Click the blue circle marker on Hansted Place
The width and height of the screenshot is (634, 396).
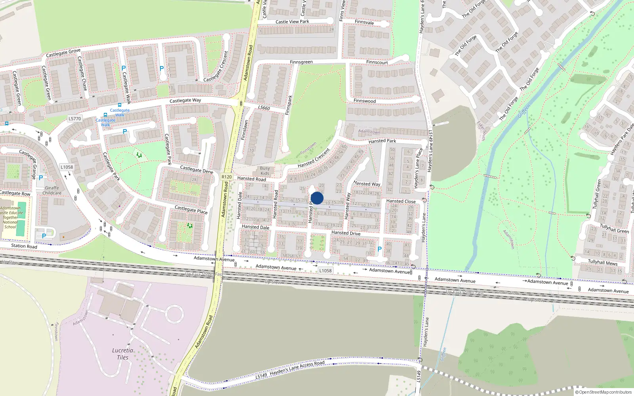pos(317,198)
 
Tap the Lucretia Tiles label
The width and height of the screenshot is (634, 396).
pos(122,354)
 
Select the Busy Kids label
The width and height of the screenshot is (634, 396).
pos(265,171)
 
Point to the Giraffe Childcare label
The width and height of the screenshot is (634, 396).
pos(52,190)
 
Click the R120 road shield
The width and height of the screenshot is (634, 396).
pos(227,177)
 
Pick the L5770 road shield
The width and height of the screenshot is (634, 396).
pos(74,118)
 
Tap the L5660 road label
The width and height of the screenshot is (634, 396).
pos(264,108)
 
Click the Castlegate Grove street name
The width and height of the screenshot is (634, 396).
pos(63,52)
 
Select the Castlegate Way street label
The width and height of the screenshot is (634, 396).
pos(185,101)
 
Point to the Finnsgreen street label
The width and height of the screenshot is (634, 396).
pos(301,62)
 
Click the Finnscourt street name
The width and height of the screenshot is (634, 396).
pos(377,62)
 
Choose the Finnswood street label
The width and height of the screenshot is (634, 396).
pos(365,101)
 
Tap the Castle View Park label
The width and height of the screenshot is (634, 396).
pos(292,22)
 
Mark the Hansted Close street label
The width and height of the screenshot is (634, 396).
pos(401,201)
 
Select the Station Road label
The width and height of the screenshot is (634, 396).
pos(24,246)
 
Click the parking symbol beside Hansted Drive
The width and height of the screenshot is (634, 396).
pos(379,249)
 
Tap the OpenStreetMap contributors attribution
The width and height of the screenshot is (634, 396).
pos(603,392)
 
